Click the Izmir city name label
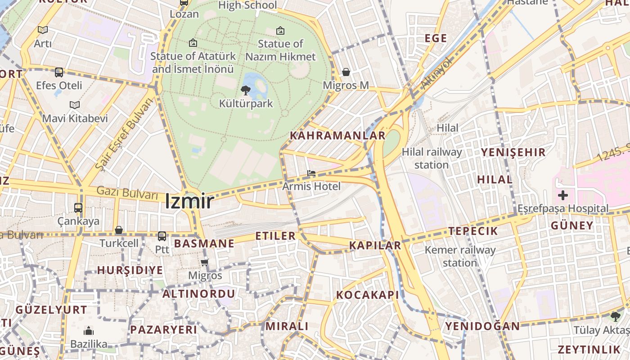point(189,201)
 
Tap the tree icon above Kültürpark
point(246,90)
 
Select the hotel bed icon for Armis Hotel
point(311,173)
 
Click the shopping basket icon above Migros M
point(346,72)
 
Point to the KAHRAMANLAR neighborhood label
point(337,135)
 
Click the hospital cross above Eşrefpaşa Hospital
point(562,195)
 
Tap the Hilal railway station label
point(432,158)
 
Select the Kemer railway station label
point(460,256)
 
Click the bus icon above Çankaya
point(78,208)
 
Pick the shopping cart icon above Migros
point(205,262)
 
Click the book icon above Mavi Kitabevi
point(75,105)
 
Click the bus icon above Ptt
point(162,236)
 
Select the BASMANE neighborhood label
point(204,243)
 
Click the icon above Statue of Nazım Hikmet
point(280,31)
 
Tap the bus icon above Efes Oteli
point(59,72)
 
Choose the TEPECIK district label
point(473,231)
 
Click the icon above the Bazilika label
point(89,331)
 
